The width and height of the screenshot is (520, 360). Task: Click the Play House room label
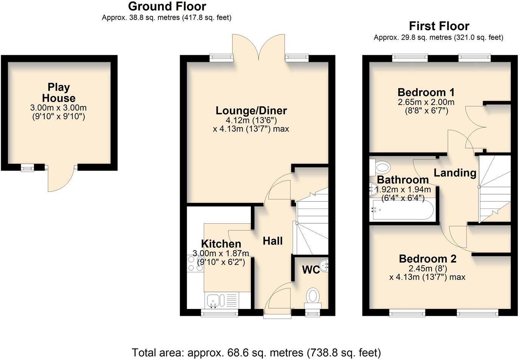59,93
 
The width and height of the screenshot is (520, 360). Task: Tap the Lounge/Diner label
251,110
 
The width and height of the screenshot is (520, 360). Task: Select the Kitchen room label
221,244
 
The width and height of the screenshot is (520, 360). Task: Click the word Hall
272,241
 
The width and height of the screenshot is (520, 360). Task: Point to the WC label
311,270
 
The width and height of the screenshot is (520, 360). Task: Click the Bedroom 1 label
426,92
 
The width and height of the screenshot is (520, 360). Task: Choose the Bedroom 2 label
427,259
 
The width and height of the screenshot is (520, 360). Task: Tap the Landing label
455,173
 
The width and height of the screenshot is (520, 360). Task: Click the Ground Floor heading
167,6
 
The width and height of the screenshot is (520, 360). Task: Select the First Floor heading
439,26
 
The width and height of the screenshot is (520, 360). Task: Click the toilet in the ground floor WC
313,296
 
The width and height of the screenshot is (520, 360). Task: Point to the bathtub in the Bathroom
402,210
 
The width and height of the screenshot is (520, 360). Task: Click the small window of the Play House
27,168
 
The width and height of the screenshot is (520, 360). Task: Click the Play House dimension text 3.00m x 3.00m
59,108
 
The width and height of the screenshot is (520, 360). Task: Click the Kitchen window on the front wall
219,312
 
